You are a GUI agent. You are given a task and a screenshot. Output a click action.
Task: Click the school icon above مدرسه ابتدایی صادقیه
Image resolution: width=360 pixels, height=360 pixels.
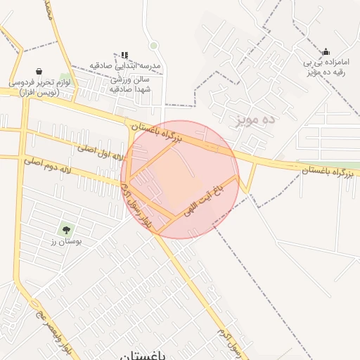click(124, 55)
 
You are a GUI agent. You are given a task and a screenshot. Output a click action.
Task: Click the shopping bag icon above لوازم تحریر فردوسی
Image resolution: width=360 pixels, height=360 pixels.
click(38, 71)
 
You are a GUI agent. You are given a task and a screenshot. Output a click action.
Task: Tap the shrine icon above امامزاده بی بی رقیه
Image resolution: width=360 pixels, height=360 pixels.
click(326, 51)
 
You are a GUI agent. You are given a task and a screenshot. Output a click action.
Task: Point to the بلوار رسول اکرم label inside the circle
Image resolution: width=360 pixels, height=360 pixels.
click(136, 205)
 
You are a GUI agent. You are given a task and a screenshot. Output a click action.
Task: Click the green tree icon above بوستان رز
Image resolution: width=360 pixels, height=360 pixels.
click(66, 229)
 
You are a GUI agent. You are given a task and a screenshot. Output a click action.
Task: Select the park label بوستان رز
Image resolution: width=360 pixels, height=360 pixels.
click(66, 242)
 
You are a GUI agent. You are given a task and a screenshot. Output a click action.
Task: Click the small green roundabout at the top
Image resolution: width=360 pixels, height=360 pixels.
click(153, 46)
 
